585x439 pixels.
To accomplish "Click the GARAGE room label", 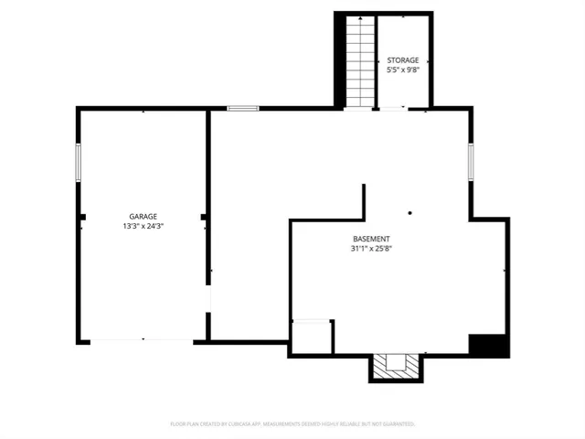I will [x=143, y=216].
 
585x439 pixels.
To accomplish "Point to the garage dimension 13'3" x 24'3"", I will [x=143, y=226].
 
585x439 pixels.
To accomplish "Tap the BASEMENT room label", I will [x=371, y=239].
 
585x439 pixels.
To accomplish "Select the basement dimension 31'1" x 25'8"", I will [x=371, y=249].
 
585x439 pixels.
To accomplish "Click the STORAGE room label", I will [x=403, y=59].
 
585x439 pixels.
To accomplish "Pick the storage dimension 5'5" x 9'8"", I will [x=403, y=70].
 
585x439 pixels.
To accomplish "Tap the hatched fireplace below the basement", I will [x=398, y=366].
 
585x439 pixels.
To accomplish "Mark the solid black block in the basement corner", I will [x=488, y=347].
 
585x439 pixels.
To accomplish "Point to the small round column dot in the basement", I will [x=410, y=213].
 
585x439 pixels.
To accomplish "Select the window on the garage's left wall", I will [x=79, y=163].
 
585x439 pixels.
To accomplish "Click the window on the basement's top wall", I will [x=243, y=109].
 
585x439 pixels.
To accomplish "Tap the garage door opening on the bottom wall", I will [x=142, y=341].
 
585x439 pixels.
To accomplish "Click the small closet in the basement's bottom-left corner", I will [x=312, y=336].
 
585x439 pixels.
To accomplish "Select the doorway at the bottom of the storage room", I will [x=394, y=109].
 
